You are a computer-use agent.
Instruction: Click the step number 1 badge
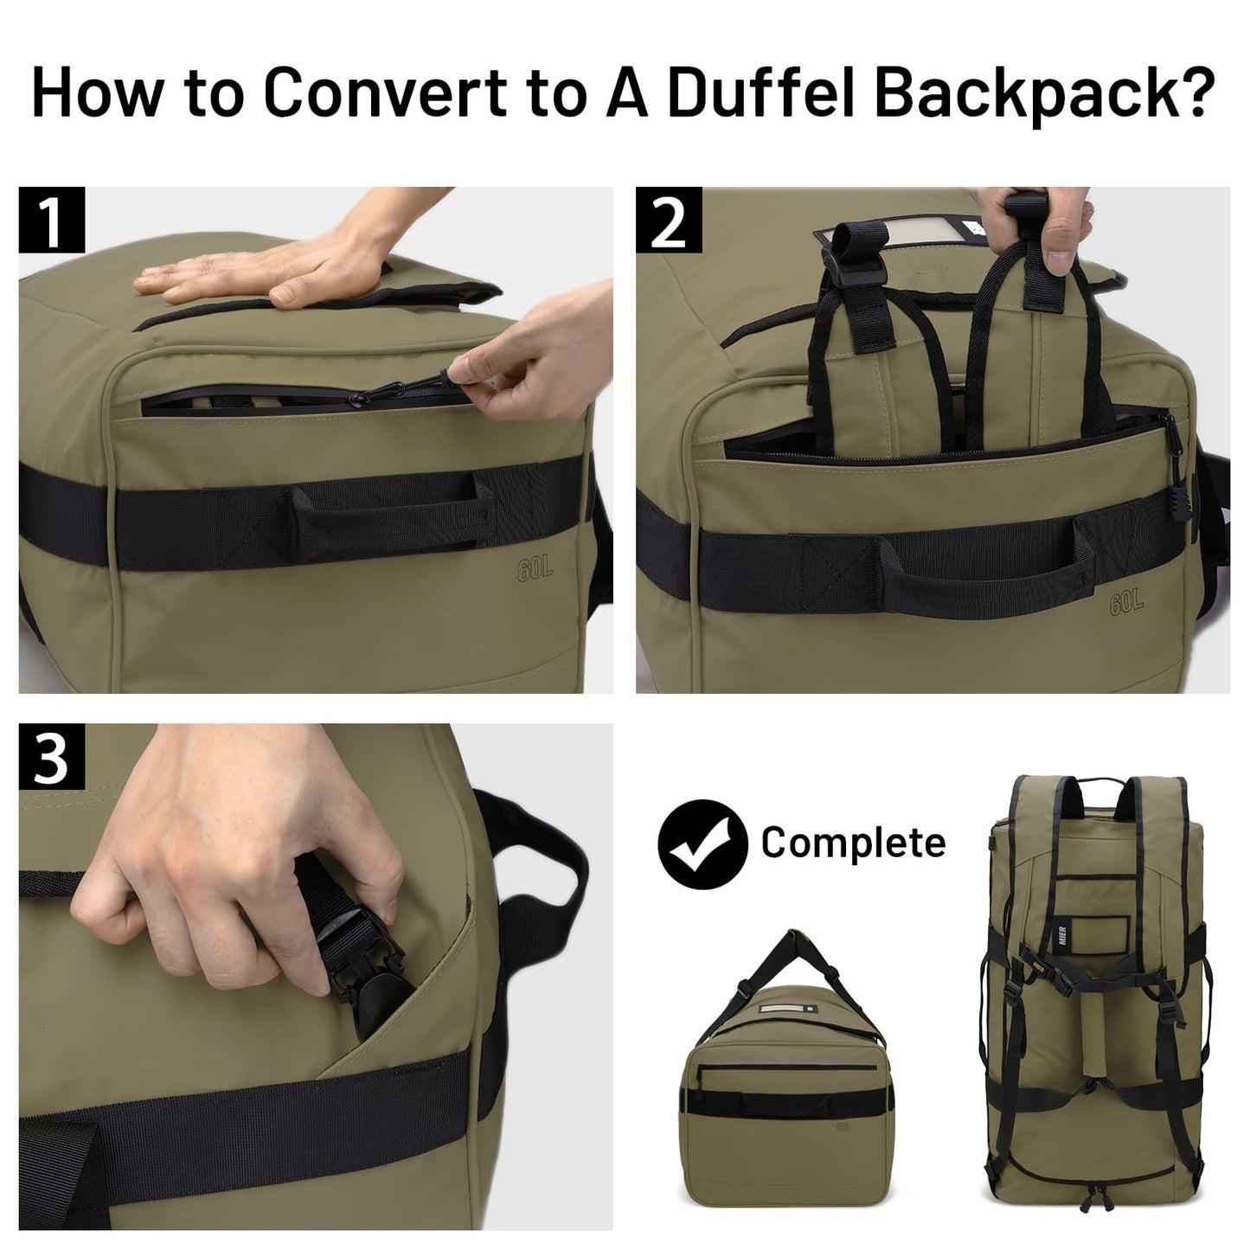click(x=52, y=221)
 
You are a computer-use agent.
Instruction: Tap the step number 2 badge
click(x=668, y=221)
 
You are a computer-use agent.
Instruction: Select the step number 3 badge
click(x=52, y=757)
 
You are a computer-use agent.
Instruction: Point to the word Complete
click(x=853, y=843)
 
